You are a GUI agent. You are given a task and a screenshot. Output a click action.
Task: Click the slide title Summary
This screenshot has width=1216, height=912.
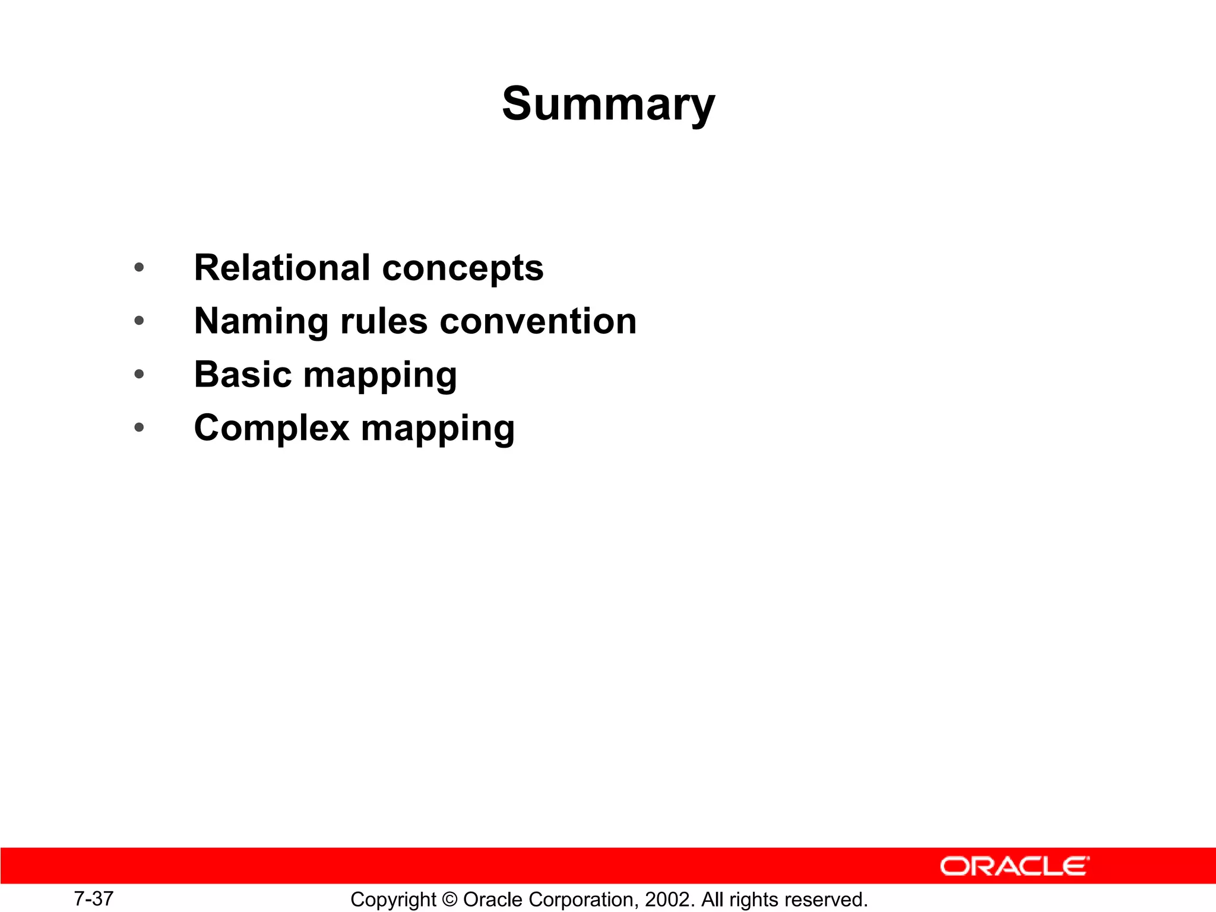click(x=608, y=104)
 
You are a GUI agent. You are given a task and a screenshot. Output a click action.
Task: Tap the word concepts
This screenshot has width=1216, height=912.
click(x=463, y=268)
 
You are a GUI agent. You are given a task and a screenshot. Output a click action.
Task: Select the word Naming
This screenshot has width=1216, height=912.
click(x=261, y=321)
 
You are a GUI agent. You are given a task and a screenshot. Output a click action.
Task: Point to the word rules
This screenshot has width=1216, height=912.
click(x=384, y=321)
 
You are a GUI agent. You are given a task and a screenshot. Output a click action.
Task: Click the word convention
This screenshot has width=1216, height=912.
click(x=538, y=321)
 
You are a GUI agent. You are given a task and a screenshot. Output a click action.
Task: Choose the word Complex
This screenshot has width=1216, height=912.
click(x=271, y=428)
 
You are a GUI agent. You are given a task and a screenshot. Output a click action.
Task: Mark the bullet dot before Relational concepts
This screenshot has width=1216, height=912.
click(x=139, y=268)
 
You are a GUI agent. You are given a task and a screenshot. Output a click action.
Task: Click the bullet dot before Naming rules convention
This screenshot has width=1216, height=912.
click(x=139, y=321)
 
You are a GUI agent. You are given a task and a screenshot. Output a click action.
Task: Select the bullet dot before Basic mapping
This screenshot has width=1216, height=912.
click(x=139, y=375)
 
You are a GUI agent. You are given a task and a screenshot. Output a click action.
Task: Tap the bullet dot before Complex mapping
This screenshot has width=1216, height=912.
click(x=139, y=427)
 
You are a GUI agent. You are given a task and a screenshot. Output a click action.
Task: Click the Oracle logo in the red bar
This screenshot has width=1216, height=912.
click(x=1014, y=866)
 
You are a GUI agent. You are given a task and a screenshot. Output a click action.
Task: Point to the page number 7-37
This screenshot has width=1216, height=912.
click(x=93, y=898)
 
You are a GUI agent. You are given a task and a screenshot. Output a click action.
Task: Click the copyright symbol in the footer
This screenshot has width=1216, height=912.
click(x=450, y=900)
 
